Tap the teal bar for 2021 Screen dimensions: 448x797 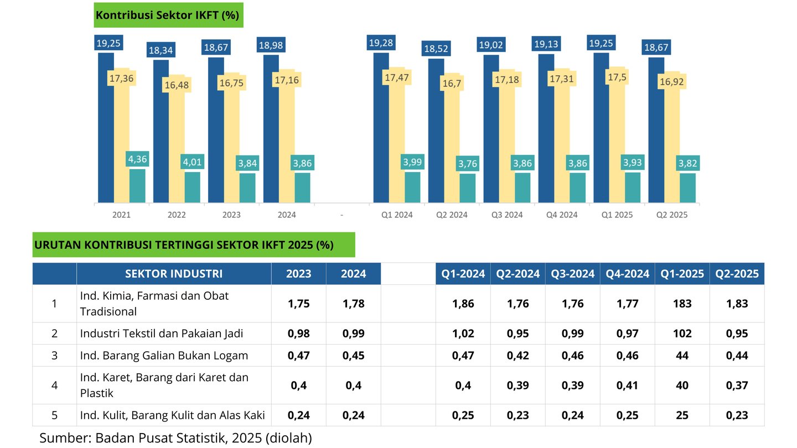[137, 186]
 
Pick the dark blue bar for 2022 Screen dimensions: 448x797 [161, 131]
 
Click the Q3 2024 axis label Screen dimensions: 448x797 [507, 215]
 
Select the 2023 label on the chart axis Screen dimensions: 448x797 [231, 215]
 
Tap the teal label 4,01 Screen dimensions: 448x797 [193, 163]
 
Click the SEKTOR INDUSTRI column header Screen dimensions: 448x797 [174, 274]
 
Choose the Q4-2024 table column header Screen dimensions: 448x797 [627, 274]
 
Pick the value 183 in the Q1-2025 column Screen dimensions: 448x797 [682, 303]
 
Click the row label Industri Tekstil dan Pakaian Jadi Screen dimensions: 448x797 [162, 334]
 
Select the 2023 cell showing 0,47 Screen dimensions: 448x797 [299, 355]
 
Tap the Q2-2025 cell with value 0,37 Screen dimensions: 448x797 [737, 385]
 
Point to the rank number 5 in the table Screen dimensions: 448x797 [54, 415]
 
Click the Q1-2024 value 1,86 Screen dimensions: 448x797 [463, 303]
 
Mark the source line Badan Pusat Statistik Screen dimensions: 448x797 [175, 438]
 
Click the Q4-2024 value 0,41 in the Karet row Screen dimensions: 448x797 [627, 385]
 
